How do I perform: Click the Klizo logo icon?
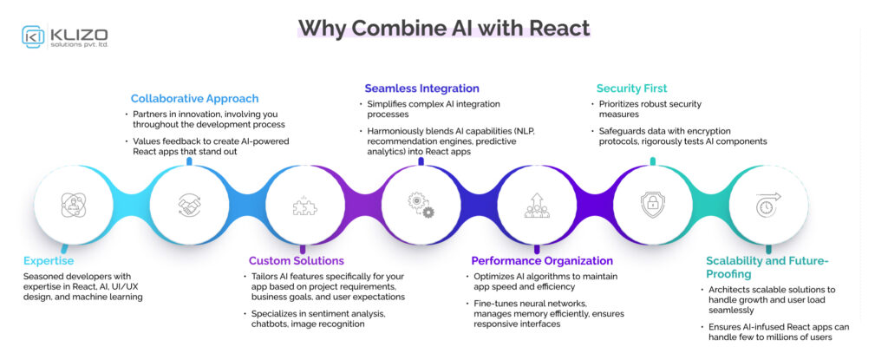(34, 36)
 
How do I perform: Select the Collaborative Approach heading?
(194, 98)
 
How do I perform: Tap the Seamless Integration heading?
(421, 88)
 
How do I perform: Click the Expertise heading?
(49, 260)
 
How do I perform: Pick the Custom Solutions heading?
(296, 260)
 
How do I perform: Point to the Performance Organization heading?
(542, 260)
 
